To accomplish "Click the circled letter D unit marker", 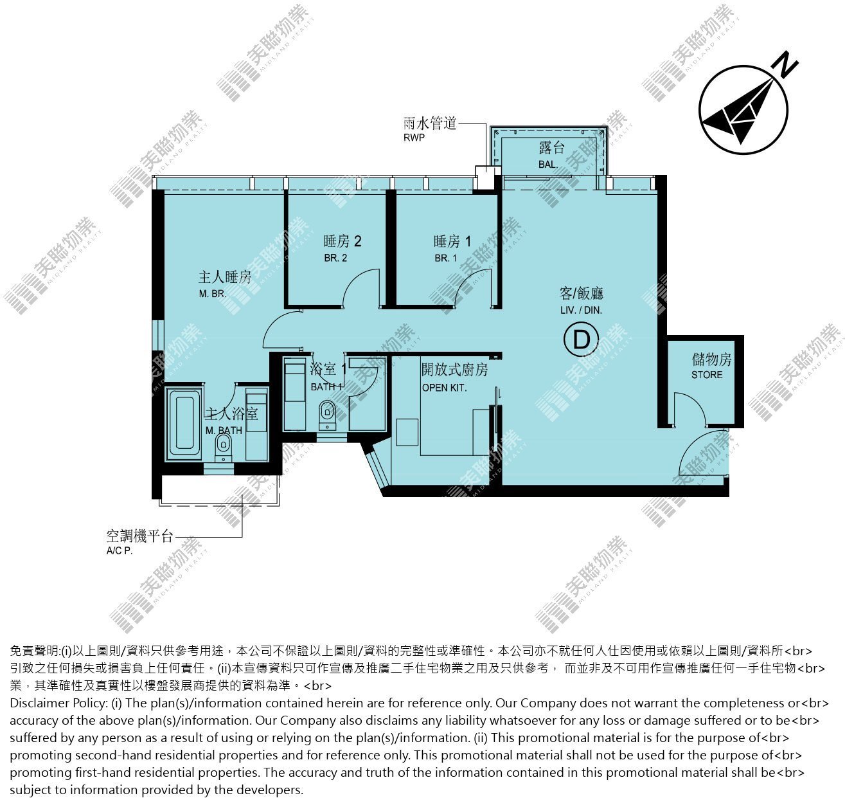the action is (581, 340).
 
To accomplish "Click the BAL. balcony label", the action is (548, 165).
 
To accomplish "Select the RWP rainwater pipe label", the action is (414, 138).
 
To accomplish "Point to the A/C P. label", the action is (120, 550).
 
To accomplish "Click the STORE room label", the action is (707, 375).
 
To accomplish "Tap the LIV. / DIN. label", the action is (581, 310).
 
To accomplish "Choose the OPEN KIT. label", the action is (444, 388).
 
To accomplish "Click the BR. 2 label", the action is (335, 258).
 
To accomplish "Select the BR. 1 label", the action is (445, 258).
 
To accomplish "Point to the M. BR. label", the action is (212, 295).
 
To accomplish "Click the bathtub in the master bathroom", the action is (185, 425).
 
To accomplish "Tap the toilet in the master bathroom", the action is (222, 448).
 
